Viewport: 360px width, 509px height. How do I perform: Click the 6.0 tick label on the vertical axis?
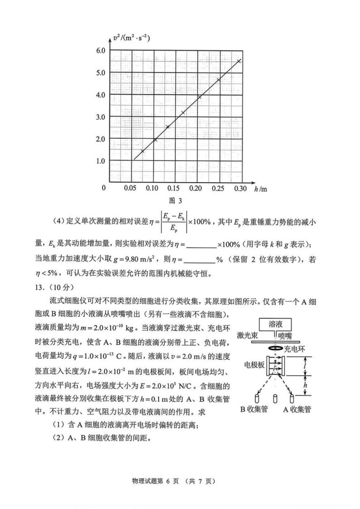coord(100,50)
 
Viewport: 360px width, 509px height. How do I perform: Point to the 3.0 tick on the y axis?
coord(100,116)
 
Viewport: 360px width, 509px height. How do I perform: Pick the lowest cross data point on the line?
coord(142,151)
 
